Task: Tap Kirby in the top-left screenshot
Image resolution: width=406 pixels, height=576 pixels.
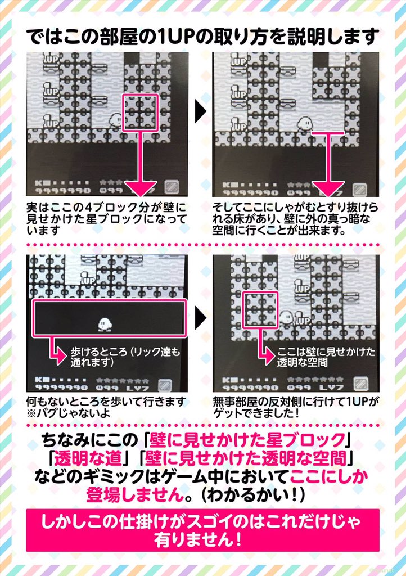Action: coord(116,120)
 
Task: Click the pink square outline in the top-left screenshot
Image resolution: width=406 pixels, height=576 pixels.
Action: coord(139,113)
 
